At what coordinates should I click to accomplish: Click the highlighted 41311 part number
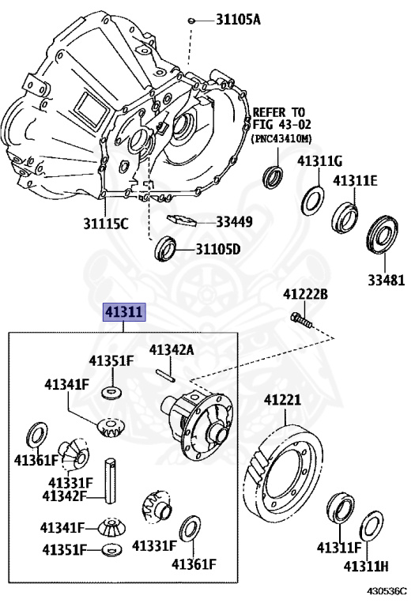click(124, 312)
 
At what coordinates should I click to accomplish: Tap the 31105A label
click(238, 19)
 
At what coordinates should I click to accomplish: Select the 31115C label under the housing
click(106, 224)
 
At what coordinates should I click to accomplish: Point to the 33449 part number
click(234, 222)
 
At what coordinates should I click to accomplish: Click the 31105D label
click(218, 249)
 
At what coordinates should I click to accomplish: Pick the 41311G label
click(320, 161)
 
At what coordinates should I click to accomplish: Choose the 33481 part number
click(386, 281)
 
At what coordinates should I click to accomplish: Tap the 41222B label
click(305, 294)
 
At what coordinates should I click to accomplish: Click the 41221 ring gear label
click(282, 399)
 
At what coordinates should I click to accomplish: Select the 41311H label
click(366, 567)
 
